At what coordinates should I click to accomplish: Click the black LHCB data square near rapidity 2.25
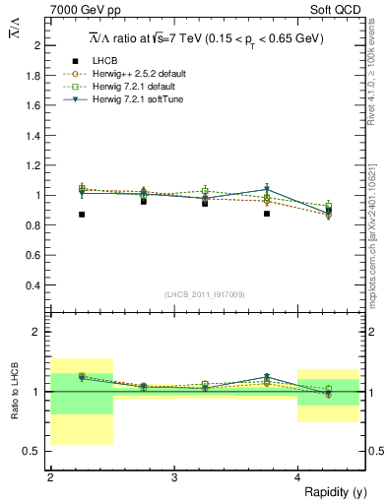82,214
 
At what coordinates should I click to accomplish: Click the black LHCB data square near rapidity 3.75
267,213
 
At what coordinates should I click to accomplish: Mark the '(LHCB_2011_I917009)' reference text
204,294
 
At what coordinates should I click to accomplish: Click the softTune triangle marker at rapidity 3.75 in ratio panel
267,377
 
